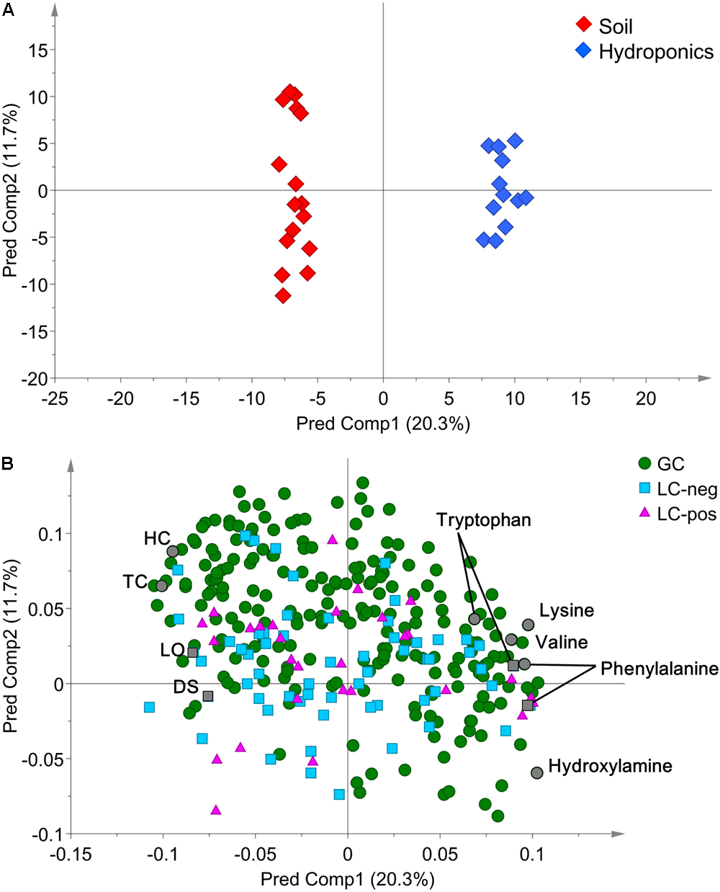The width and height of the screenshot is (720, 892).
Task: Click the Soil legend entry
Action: (x=615, y=27)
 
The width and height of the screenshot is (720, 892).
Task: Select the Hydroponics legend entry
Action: (x=655, y=52)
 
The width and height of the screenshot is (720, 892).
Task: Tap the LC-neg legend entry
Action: (x=687, y=490)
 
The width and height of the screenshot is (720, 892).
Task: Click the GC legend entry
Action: (x=670, y=464)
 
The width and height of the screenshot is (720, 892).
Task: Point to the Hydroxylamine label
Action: (x=610, y=766)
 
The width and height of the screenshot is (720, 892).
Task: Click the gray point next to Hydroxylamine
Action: (x=536, y=772)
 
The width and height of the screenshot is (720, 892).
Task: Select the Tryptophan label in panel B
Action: (x=483, y=520)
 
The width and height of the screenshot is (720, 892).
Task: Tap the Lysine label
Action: (x=567, y=610)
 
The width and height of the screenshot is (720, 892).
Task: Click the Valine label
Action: (x=562, y=642)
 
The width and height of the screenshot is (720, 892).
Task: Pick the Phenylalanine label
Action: (x=659, y=669)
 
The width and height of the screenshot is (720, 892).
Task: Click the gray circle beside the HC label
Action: (x=173, y=551)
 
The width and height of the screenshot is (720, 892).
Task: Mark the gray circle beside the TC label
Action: (x=162, y=586)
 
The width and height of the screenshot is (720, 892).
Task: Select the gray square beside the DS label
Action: (x=208, y=696)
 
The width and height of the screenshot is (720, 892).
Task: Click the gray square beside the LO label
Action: (x=192, y=653)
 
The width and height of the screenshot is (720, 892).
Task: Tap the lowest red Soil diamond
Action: (x=283, y=295)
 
